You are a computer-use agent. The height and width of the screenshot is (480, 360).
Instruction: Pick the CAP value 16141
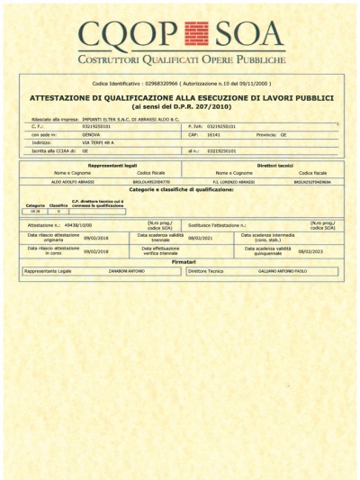pyautogui.click(x=215, y=134)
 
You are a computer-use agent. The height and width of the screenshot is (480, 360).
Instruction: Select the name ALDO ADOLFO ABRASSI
pyautogui.click(x=71, y=181)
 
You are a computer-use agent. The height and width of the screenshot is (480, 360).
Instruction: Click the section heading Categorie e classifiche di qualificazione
pyautogui.click(x=182, y=190)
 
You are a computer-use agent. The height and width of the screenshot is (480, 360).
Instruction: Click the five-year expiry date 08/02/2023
pyautogui.click(x=309, y=252)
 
